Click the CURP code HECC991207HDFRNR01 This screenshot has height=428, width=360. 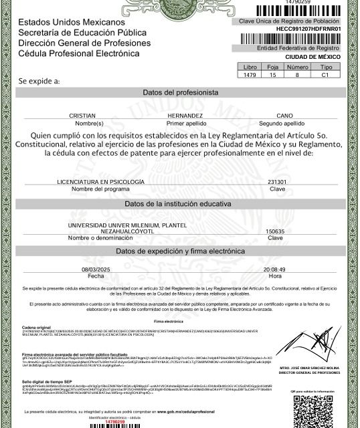[x=308, y=29]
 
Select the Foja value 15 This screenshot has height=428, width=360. [x=272, y=76]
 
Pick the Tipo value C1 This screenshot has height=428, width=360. [x=326, y=76]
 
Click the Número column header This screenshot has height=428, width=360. [x=297, y=68]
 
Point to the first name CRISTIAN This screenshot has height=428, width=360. [x=87, y=116]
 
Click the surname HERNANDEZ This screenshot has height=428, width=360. [x=184, y=116]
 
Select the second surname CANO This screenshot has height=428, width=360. [x=284, y=116]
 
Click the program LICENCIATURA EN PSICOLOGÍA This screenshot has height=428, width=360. [x=100, y=182]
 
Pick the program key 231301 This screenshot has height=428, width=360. [x=276, y=182]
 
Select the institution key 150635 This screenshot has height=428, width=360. [x=275, y=231]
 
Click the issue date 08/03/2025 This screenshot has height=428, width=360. [x=96, y=270]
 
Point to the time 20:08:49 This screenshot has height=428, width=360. [x=274, y=270]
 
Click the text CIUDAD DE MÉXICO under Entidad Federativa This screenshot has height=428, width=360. [x=314, y=57]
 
